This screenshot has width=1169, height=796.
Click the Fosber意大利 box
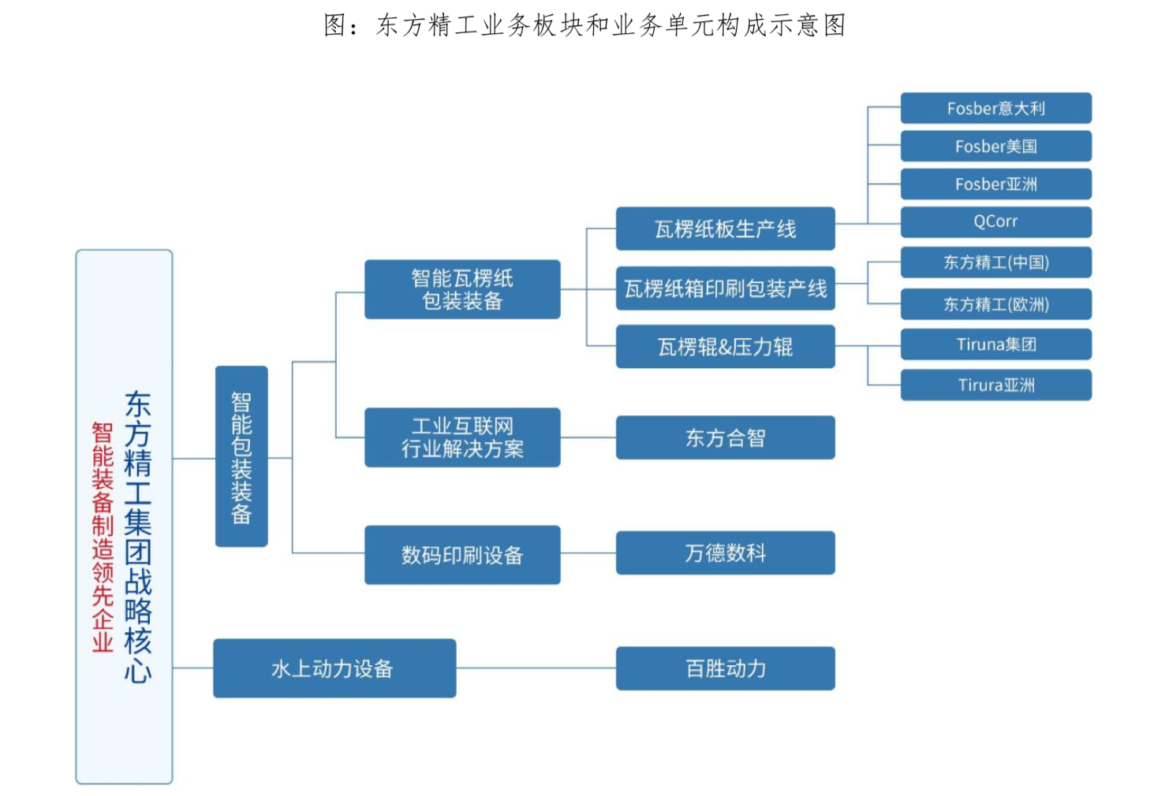tap(995, 109)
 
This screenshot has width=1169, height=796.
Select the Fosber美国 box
tap(995, 147)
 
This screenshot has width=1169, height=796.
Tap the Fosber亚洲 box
tap(995, 184)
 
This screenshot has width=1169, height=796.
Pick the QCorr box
tap(995, 222)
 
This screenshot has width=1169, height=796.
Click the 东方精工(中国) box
tap(995, 262)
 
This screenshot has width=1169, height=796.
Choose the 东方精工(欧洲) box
tap(995, 304)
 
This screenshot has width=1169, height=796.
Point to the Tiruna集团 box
tap(995, 344)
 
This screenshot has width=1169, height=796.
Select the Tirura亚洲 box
tap(995, 385)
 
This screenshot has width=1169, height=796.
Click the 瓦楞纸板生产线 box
tap(725, 229)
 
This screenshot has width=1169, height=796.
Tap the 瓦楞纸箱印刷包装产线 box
tap(725, 288)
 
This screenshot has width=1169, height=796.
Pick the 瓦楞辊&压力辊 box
tap(725, 347)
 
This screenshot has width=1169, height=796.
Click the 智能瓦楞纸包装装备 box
tap(462, 289)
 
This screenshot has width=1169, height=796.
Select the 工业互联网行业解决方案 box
tap(462, 437)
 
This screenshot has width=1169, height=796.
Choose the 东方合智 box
tap(725, 437)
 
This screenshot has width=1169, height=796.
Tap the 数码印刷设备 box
tap(462, 555)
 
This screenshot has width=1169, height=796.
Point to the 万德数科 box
tap(725, 552)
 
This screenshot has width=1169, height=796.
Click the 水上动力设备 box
tap(334, 668)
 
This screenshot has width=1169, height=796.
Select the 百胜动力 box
tap(725, 668)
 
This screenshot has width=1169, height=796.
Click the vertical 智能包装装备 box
tap(241, 456)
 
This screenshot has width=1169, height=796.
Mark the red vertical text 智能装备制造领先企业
tap(103, 537)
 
